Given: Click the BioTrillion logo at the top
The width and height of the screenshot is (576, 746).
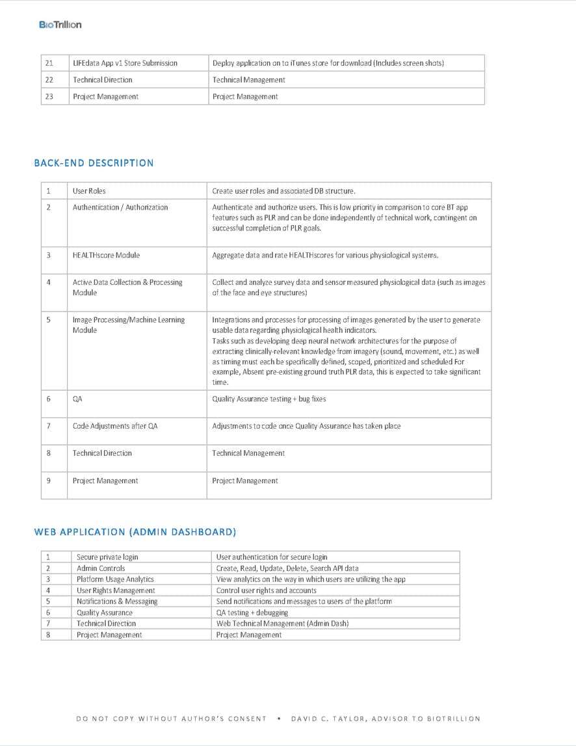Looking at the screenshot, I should (x=60, y=25).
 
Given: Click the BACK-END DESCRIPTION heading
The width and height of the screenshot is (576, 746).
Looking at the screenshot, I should (x=94, y=163).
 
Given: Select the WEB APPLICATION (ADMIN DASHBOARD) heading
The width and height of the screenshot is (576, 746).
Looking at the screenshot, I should (x=135, y=532).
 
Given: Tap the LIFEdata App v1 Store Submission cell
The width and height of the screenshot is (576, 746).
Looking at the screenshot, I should (x=125, y=63).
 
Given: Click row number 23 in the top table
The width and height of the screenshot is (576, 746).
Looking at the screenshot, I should (x=49, y=96).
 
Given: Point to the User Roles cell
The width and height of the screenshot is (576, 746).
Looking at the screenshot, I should (x=89, y=191).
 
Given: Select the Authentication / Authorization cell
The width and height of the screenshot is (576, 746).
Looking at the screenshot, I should (x=120, y=207).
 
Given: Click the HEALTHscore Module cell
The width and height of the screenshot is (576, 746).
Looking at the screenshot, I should (x=106, y=255).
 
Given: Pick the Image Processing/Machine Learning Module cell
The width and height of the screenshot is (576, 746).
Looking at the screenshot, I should (x=128, y=325).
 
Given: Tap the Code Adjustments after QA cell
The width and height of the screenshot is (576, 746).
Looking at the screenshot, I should (x=115, y=426).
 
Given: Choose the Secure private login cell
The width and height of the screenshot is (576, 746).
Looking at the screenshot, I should (x=107, y=557).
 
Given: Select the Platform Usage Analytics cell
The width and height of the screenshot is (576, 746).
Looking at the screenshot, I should (x=115, y=579).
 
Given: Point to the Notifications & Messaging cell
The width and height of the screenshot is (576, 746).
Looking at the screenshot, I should (x=117, y=602).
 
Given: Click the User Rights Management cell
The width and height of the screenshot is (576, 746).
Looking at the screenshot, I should (x=116, y=591).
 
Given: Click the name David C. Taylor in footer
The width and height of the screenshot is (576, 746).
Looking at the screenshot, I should (x=331, y=719).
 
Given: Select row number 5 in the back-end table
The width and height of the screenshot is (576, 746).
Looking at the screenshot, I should (x=49, y=320).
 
